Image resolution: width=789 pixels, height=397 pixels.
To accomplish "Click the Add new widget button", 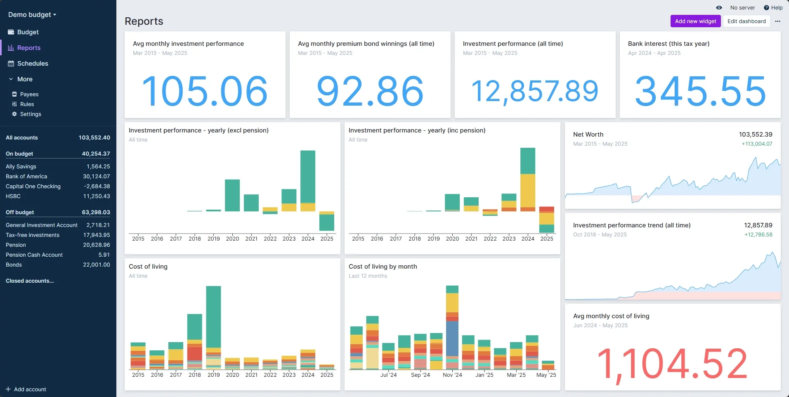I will (695, 21).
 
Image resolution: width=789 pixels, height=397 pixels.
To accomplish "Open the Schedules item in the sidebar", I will (33, 64).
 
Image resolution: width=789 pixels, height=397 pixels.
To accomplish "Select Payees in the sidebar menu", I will (29, 95).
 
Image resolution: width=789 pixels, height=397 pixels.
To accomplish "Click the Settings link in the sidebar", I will (31, 114).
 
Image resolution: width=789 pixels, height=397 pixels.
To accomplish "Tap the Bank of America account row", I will (26, 177).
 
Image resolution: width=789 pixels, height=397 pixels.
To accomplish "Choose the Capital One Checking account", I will (33, 187).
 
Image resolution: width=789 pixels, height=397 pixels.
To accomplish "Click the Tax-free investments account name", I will (33, 235).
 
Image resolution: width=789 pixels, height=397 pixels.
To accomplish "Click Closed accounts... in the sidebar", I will (30, 281).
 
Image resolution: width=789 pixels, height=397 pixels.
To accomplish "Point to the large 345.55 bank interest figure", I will (700, 91).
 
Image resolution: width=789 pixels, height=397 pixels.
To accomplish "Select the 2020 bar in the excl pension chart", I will (232, 195).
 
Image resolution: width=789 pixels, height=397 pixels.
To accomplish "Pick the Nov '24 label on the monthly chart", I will (452, 375).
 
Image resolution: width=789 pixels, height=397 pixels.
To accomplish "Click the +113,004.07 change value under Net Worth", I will (757, 144).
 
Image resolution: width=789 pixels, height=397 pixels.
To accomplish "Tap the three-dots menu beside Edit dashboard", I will (777, 21).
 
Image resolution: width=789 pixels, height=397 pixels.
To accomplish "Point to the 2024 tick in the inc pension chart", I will (528, 239).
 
